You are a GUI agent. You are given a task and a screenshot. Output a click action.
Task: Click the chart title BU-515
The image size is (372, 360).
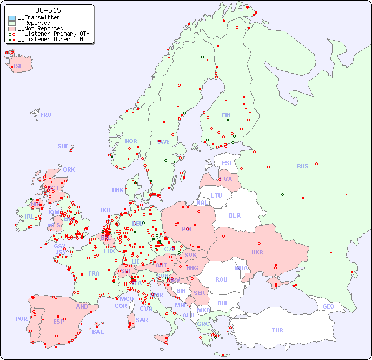click(x=48, y=10)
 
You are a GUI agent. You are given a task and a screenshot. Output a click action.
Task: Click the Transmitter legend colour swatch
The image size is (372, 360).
click(x=12, y=18)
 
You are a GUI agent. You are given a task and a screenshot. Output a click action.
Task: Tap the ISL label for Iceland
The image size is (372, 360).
click(x=18, y=67)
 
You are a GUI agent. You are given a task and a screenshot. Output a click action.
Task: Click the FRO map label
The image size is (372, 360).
click(x=46, y=115)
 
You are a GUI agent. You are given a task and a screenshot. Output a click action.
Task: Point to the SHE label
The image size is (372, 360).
click(x=63, y=146)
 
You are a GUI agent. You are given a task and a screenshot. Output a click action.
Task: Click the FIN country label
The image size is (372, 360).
click(x=226, y=115)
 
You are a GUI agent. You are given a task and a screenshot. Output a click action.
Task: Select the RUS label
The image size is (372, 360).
click(x=302, y=166)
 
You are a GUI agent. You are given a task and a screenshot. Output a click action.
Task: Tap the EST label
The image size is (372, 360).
click(x=227, y=163)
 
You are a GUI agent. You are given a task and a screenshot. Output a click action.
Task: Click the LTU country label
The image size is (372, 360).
click(x=216, y=195)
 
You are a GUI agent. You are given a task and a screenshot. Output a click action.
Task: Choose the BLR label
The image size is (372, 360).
click(x=234, y=215)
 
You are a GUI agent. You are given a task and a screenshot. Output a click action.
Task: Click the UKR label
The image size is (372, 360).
click(x=257, y=252)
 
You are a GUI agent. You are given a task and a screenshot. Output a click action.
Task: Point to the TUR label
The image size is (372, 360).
click(x=277, y=330)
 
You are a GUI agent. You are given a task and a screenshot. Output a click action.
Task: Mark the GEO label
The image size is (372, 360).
click(x=328, y=306)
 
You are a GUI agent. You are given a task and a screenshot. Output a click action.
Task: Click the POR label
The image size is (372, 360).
click(x=21, y=319)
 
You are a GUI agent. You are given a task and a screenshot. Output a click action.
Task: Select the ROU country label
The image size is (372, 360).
click(x=221, y=279)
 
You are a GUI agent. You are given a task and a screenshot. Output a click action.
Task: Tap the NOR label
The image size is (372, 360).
click(x=131, y=141)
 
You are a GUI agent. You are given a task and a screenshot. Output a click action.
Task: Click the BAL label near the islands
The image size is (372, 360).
click(x=97, y=332)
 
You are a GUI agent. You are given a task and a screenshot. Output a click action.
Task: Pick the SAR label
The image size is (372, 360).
click(x=142, y=320)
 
